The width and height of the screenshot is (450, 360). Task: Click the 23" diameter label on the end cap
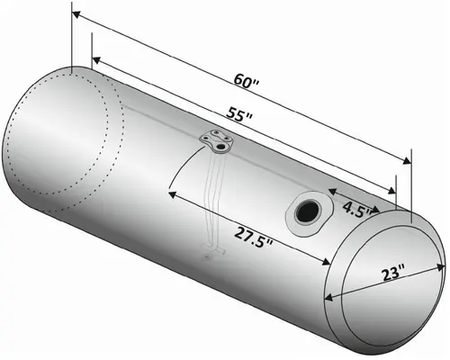[392, 270]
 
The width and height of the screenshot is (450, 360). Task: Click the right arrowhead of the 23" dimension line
[443, 264]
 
